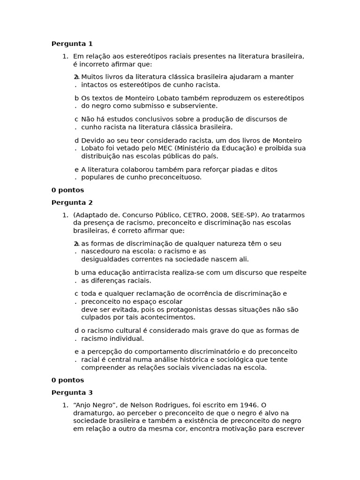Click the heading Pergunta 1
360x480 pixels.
72,44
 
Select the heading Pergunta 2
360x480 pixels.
72,202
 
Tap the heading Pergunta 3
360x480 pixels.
72,393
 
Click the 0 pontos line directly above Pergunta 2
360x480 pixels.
67,190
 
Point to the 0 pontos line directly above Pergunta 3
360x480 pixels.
67,380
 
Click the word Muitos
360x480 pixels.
92,77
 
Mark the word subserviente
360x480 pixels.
193,106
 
